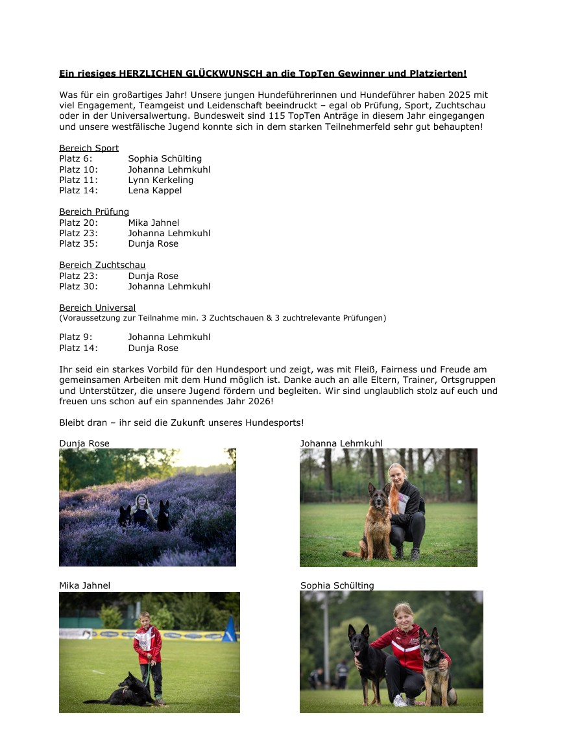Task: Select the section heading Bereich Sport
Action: pos(89,148)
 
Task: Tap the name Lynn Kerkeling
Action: pos(160,180)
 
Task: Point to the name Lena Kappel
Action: pos(154,190)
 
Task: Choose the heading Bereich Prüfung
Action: pos(94,212)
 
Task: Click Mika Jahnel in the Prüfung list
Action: pos(153,223)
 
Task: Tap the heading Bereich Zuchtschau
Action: pos(102,265)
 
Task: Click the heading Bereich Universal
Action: pos(97,308)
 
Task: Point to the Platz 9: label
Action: pos(75,337)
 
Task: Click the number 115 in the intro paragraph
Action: pos(226,116)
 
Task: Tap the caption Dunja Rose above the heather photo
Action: pos(84,443)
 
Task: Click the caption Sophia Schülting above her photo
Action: pos(337,585)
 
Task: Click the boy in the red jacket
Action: pos(149,649)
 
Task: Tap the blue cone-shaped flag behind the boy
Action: pos(229,630)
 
